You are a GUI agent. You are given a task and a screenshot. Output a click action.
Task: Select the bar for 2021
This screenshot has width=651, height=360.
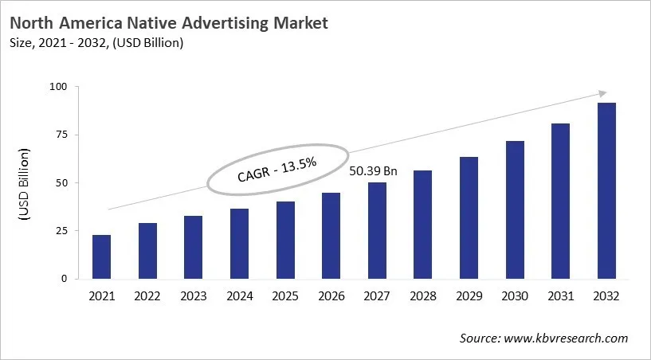point(101,256)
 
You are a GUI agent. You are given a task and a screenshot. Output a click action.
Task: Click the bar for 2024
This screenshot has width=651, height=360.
point(240,244)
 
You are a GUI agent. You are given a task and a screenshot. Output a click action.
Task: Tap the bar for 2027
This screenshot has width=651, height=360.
point(378,230)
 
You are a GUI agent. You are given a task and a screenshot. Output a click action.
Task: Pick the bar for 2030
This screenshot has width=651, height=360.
point(515,209)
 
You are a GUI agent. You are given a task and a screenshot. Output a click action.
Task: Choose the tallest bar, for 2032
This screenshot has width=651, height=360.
point(606,190)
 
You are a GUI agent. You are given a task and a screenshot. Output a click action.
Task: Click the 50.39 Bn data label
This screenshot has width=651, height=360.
point(374,170)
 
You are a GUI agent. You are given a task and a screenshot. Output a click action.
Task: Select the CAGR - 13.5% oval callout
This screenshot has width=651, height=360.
point(277,170)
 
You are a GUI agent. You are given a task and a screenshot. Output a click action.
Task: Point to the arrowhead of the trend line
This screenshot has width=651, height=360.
point(602,93)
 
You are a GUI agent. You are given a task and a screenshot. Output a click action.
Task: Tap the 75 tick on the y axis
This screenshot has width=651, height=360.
point(62,135)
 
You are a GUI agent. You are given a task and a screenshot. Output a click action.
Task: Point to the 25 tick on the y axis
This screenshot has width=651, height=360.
point(62,231)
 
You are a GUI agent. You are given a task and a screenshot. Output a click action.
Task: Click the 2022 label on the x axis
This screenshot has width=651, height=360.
point(147,295)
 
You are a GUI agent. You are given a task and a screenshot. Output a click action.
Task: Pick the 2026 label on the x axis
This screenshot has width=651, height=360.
point(331,295)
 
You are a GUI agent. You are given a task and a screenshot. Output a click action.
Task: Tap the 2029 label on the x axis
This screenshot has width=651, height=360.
point(469,295)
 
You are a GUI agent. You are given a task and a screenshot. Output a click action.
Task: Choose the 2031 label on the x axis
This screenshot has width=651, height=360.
point(560,295)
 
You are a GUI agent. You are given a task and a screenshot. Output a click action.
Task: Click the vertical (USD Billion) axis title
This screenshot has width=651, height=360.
point(25,185)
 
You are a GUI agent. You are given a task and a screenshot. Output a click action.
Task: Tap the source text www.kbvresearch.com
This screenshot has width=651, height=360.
point(567,338)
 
